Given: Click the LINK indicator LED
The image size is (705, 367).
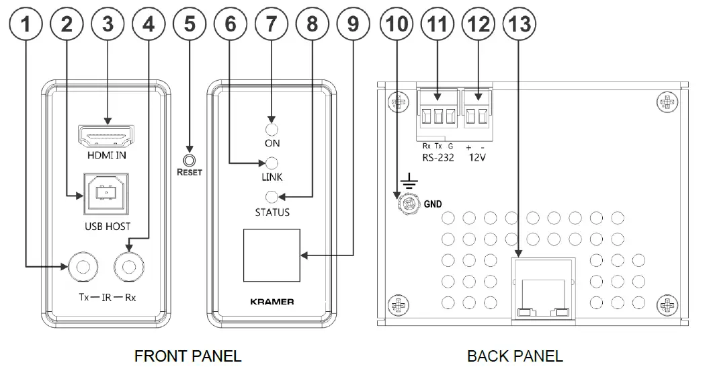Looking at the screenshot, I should [272, 163].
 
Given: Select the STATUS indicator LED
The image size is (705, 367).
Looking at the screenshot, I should [272, 197].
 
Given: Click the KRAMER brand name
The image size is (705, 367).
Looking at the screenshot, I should [272, 302].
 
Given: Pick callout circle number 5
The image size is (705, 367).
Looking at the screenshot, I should [190, 26].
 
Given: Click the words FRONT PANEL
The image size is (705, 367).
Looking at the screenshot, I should [188, 355].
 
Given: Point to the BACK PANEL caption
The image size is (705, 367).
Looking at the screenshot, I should [515, 355].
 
